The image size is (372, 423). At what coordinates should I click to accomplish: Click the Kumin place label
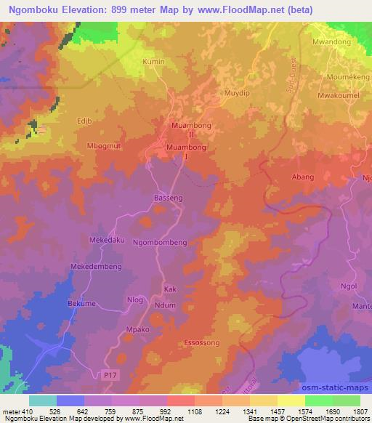point(154,62)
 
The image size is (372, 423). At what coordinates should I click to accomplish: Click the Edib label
point(85,121)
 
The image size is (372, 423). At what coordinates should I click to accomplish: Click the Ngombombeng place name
point(160,242)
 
